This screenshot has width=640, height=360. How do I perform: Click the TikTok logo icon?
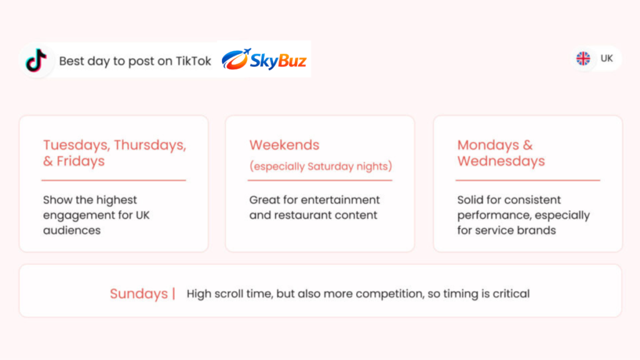36,61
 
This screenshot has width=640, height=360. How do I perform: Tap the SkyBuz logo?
264,59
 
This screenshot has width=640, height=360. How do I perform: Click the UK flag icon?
583,58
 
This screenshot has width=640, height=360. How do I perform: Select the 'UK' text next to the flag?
606,58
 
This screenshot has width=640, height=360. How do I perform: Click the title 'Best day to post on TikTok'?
135,61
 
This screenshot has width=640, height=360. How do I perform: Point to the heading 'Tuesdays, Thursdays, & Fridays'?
115,153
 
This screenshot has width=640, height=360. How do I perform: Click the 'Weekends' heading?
284,145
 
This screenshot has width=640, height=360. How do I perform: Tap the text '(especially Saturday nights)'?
321,166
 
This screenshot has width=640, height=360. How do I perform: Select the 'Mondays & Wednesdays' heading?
501,153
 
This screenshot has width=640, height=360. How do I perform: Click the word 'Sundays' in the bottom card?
139,294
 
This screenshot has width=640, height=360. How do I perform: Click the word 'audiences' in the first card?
72,231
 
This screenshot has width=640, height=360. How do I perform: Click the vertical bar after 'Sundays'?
174,294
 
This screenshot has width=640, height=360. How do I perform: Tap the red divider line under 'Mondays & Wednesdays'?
527,180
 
